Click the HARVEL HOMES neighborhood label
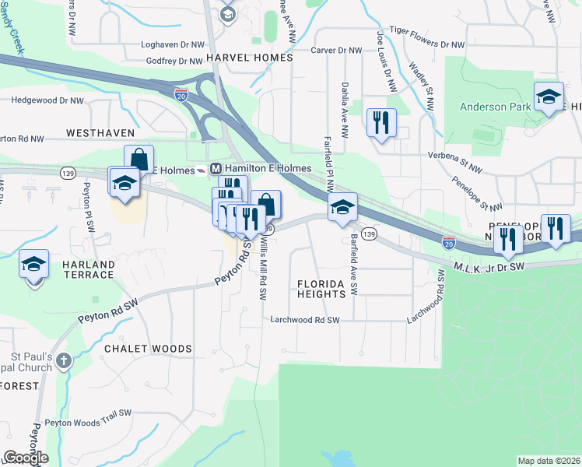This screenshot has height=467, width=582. pos(250,58)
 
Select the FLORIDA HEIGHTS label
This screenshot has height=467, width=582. pos(321,289)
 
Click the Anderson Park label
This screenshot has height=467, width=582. pos(493,107)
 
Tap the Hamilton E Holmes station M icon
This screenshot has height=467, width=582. pos(216,168)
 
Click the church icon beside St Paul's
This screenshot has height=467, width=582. pos(64,360)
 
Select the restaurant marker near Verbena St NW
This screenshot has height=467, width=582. pos(381,124)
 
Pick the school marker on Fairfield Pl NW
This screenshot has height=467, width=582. pos(342,208)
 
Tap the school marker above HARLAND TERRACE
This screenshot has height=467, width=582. pos(33,265)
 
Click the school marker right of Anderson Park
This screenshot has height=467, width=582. pos(549,97)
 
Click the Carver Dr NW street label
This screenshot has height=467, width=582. pos(337,50)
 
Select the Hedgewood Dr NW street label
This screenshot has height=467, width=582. pos(47,100)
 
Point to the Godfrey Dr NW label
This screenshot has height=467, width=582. pos(174,61)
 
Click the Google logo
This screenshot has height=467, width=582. pos(26,458)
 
